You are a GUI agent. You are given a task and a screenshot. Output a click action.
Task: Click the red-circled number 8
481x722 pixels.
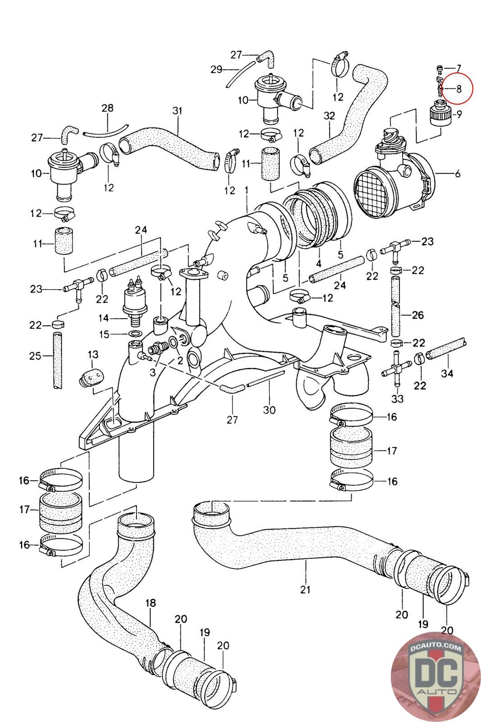459,88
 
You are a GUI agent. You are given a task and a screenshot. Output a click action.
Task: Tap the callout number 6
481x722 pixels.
458,174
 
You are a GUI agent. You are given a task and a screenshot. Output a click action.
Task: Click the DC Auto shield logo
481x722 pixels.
436,677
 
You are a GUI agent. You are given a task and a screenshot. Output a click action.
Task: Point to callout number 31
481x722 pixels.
178,111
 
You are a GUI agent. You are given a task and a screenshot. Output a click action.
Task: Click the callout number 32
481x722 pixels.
329,116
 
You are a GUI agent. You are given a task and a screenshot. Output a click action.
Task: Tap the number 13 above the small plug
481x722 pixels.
93,355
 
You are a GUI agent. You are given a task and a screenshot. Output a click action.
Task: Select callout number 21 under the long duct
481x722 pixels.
305,589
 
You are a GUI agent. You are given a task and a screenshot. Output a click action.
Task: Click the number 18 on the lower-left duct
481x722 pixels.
151,603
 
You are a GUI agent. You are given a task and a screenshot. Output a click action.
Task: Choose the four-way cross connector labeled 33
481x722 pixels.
396,368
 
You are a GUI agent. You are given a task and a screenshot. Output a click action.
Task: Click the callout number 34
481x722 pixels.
447,373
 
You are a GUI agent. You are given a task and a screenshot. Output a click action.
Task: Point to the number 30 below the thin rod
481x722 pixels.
270,410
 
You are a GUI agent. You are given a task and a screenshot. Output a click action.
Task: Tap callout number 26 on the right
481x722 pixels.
418,315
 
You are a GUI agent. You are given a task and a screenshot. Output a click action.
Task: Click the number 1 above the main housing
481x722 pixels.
246,190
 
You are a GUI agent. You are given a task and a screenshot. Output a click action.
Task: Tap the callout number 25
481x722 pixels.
36,356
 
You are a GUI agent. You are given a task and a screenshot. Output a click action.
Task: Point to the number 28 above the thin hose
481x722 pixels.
108,108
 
